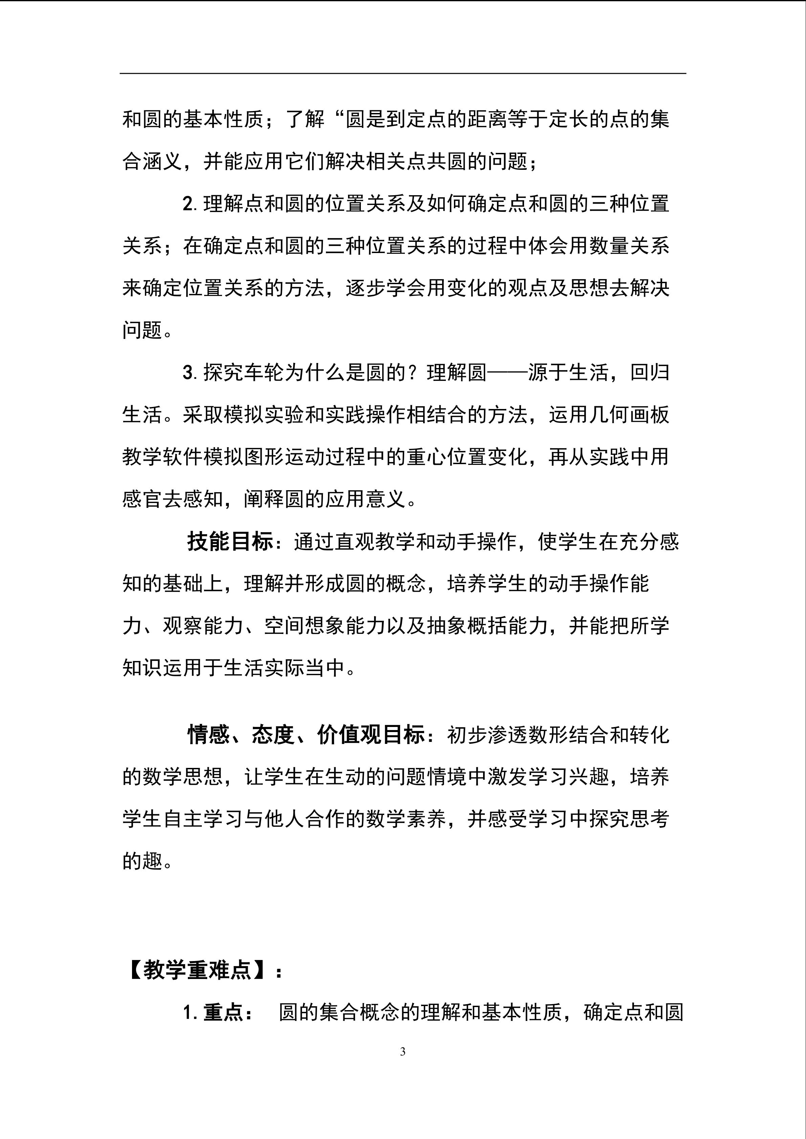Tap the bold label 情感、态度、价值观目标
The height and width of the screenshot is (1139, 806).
[x=306, y=735]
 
